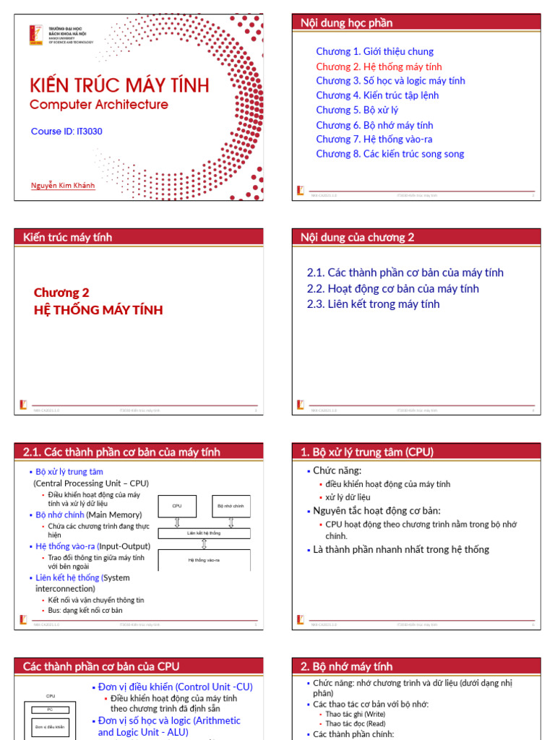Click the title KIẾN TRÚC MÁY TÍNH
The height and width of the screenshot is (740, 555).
(x=119, y=85)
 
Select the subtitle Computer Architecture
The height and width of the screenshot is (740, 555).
(x=98, y=105)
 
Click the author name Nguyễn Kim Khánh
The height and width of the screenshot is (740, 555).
(x=62, y=185)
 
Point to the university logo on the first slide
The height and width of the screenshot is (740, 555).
(x=35, y=35)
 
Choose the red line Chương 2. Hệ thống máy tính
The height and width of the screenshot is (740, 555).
(x=379, y=66)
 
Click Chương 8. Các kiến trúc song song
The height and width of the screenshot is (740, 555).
(x=390, y=154)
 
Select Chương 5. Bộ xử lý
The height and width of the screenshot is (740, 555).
(x=357, y=110)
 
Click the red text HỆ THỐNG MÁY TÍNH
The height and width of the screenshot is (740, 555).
(x=98, y=310)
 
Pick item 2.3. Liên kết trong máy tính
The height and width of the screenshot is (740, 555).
(x=373, y=304)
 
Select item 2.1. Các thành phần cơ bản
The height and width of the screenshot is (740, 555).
(x=405, y=272)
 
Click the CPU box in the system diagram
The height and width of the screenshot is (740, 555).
(x=177, y=506)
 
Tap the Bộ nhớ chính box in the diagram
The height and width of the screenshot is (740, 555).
(x=231, y=506)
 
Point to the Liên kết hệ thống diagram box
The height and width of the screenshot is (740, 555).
(x=204, y=533)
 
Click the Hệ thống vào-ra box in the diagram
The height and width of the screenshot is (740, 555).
(x=204, y=560)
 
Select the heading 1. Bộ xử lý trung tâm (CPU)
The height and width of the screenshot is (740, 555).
(x=367, y=452)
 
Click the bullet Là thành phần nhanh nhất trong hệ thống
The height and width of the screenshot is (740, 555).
(x=400, y=550)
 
